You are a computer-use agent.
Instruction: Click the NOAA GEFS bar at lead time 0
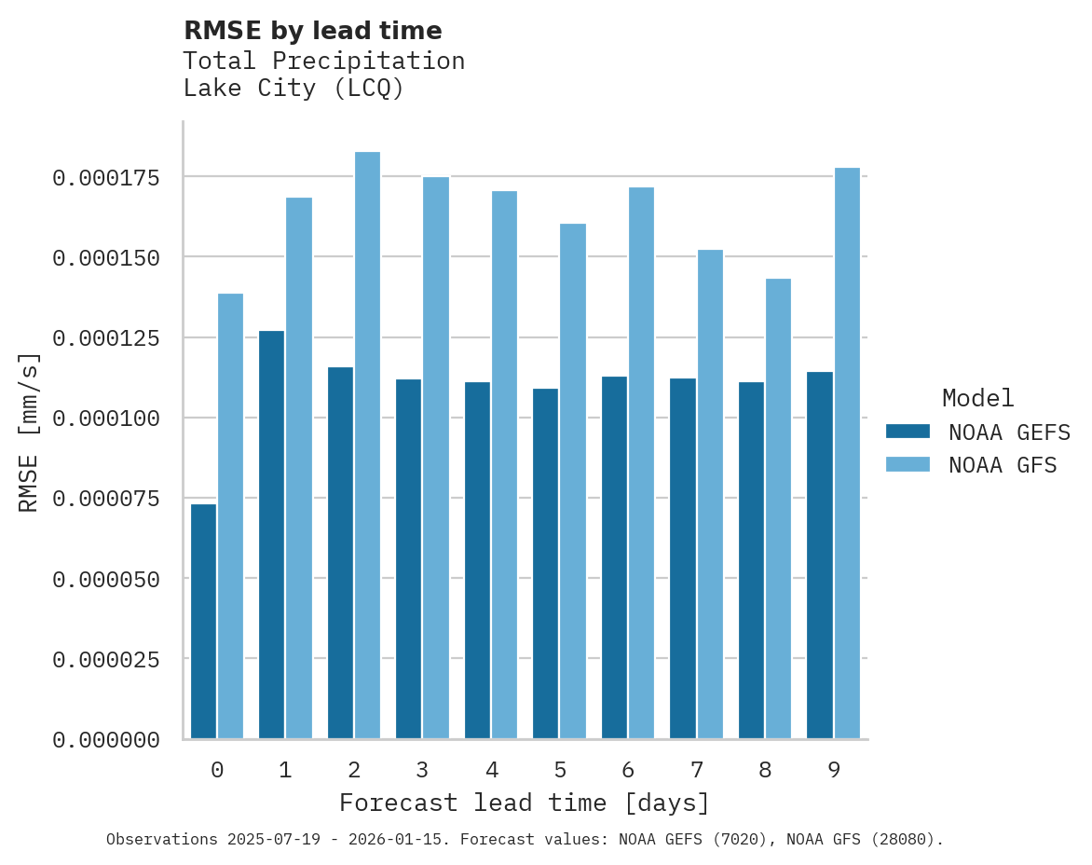point(203,622)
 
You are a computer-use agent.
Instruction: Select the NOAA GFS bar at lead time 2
point(367,446)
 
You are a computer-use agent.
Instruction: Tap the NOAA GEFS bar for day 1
point(271,535)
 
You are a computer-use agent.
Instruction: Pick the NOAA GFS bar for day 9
point(847,453)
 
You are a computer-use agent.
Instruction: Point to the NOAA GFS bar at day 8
point(778,509)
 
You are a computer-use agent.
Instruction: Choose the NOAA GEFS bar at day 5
point(545,564)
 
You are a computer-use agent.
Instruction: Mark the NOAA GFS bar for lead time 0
point(230,516)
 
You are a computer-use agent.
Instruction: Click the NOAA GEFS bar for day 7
point(682,558)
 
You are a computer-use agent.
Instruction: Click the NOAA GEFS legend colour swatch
point(908,432)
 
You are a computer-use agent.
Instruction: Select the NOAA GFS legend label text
point(1003,465)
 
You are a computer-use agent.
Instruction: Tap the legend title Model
point(977,398)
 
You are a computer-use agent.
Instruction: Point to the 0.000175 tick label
point(105,177)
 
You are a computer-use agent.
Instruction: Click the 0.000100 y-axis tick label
point(105,419)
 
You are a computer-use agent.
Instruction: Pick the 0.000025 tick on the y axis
point(105,660)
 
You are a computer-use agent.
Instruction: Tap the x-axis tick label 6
point(628,770)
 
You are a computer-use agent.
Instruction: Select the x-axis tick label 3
point(422,770)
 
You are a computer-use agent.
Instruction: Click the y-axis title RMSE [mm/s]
point(29,432)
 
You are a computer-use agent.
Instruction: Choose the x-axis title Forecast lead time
point(524,803)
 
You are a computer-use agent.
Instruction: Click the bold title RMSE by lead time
point(312,31)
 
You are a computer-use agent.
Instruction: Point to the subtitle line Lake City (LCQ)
point(293,89)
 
